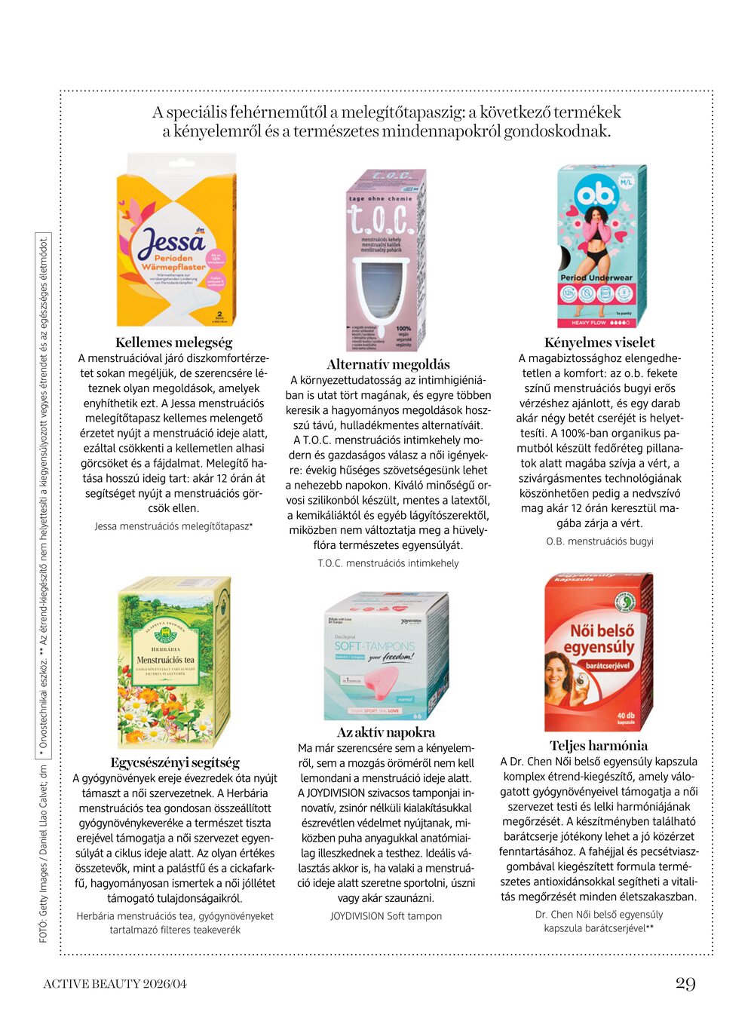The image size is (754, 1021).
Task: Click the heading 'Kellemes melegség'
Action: (x=174, y=342)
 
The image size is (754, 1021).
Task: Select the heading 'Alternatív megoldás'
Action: (x=388, y=364)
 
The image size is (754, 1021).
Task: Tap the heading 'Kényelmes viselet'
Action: (x=599, y=342)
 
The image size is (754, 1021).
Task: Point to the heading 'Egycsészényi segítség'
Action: (x=175, y=762)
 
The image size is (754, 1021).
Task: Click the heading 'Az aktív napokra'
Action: (x=386, y=732)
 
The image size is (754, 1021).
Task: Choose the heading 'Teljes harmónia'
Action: (x=599, y=746)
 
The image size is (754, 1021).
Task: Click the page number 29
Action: (x=685, y=983)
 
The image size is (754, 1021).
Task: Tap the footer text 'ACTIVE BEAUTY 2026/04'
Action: (x=115, y=983)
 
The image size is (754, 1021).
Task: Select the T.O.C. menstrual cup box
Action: (x=385, y=260)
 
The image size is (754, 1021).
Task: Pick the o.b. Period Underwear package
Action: (x=601, y=245)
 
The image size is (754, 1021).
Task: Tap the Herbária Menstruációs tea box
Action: (x=174, y=662)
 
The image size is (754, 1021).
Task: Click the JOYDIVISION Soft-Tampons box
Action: (x=385, y=656)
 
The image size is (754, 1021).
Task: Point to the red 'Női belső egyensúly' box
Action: (x=598, y=652)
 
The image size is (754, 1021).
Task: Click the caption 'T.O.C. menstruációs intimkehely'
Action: (x=388, y=563)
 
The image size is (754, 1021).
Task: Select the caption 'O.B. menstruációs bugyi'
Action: (x=599, y=541)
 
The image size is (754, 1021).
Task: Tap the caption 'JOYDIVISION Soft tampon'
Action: (x=386, y=916)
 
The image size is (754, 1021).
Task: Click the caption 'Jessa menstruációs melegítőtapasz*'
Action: (x=173, y=526)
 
